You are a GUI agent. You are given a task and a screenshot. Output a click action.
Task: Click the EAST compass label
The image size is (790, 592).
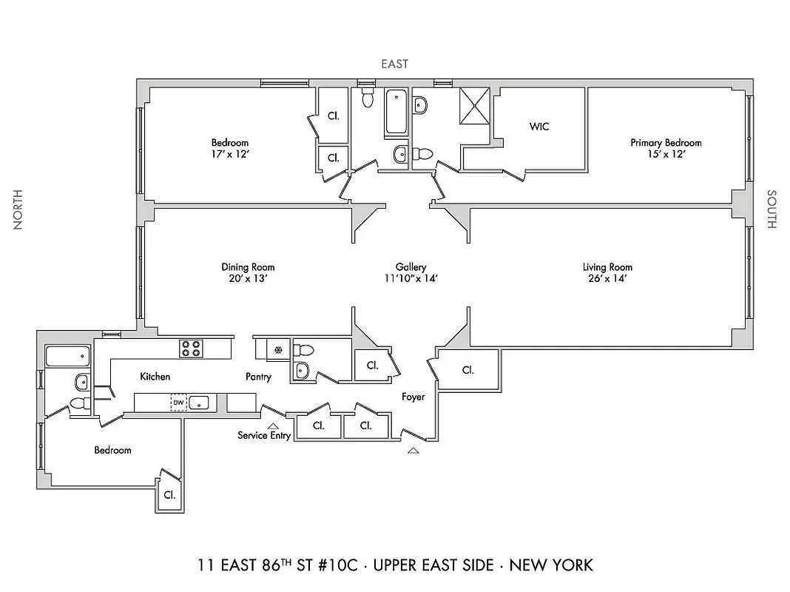394,64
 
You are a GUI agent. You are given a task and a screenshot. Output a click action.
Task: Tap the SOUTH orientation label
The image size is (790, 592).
772,209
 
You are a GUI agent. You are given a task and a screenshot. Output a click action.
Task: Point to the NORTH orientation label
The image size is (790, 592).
18,209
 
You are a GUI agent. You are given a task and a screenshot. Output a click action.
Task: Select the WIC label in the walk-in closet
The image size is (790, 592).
539,127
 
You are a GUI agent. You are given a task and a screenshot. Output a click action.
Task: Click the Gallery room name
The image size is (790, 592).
411,267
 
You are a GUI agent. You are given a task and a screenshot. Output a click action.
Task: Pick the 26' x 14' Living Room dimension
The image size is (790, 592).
607,279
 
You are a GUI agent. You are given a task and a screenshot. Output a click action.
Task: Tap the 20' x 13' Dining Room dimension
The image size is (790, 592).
248,279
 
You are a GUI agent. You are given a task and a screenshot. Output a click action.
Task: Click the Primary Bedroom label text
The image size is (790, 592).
666,142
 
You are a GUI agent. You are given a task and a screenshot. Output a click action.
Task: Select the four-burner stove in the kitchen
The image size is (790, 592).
190,348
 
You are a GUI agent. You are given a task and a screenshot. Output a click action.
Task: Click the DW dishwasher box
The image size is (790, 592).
178,403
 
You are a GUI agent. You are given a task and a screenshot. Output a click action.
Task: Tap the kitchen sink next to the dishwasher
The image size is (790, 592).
199,403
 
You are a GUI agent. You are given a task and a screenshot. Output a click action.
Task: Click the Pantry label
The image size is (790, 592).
258,377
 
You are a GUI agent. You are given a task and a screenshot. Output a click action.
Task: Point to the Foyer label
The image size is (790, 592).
413,397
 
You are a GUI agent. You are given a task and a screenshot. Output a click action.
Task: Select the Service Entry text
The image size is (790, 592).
264,435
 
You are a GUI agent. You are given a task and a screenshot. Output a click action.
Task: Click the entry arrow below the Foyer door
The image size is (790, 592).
413,449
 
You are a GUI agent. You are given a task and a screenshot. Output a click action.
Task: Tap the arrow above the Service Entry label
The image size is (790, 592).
273,425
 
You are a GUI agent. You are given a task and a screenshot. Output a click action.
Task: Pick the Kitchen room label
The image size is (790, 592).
155,377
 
